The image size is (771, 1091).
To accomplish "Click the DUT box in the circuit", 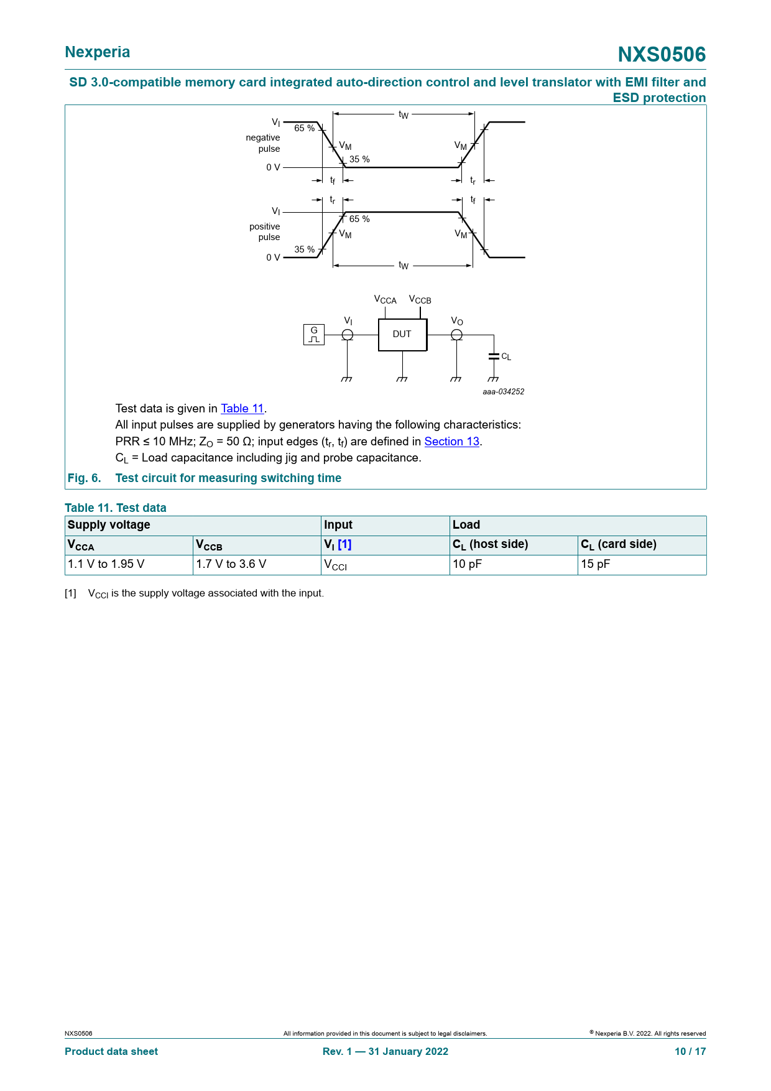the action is pos(402,335).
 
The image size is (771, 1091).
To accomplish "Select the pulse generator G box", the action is pos(314,335).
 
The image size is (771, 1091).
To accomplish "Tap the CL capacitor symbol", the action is pos(494,356).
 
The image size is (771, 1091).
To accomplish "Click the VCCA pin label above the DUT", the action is pos(386,300).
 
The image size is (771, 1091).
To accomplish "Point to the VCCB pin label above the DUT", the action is pos(420,300).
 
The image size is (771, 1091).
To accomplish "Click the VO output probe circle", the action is pos(456,335).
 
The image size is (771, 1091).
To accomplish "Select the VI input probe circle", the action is pos(348,335).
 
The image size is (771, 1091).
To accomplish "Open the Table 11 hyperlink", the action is pos(242,409).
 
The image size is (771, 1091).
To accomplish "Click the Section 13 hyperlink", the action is pos(452,442).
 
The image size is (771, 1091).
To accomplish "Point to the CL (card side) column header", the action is pos(619,545).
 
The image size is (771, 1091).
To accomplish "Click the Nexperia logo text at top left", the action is pos(98,52).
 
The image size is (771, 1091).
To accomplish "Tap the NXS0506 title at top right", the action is pos(662,55).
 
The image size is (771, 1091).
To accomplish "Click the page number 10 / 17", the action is pos(691,1051).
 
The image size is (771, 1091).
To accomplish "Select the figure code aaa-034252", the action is pos(504,392).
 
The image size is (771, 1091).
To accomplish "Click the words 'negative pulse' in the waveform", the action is pos(263,143).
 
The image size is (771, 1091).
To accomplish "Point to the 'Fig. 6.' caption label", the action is pos(84,478).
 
